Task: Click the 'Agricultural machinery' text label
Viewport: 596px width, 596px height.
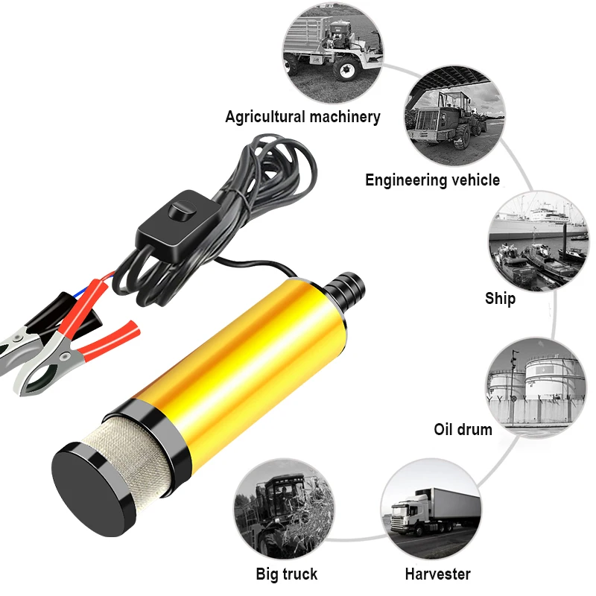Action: pyautogui.click(x=302, y=117)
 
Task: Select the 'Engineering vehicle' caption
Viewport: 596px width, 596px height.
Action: pyautogui.click(x=432, y=180)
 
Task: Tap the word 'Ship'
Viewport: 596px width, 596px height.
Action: pyautogui.click(x=500, y=299)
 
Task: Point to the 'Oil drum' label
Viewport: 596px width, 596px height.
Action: pyautogui.click(x=463, y=430)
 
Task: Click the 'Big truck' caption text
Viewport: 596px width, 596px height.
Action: pyautogui.click(x=286, y=574)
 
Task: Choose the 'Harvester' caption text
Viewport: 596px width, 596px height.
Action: pyautogui.click(x=437, y=574)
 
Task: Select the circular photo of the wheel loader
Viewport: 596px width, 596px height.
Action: pyautogui.click(x=454, y=118)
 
